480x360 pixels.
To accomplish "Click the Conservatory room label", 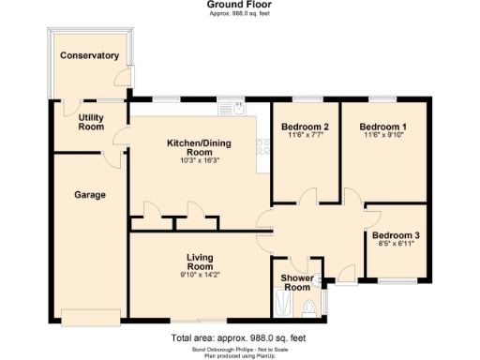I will point(89,56).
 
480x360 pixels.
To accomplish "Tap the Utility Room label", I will point(91,122).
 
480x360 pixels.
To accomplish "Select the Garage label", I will point(90,195).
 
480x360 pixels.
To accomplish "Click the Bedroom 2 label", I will point(305,127).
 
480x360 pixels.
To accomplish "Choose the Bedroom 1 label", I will point(384,127).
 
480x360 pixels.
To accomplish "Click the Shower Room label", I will point(297,282).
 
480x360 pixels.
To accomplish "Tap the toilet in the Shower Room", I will point(321,300).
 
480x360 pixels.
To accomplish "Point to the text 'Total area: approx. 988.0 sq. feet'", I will point(240,337).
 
